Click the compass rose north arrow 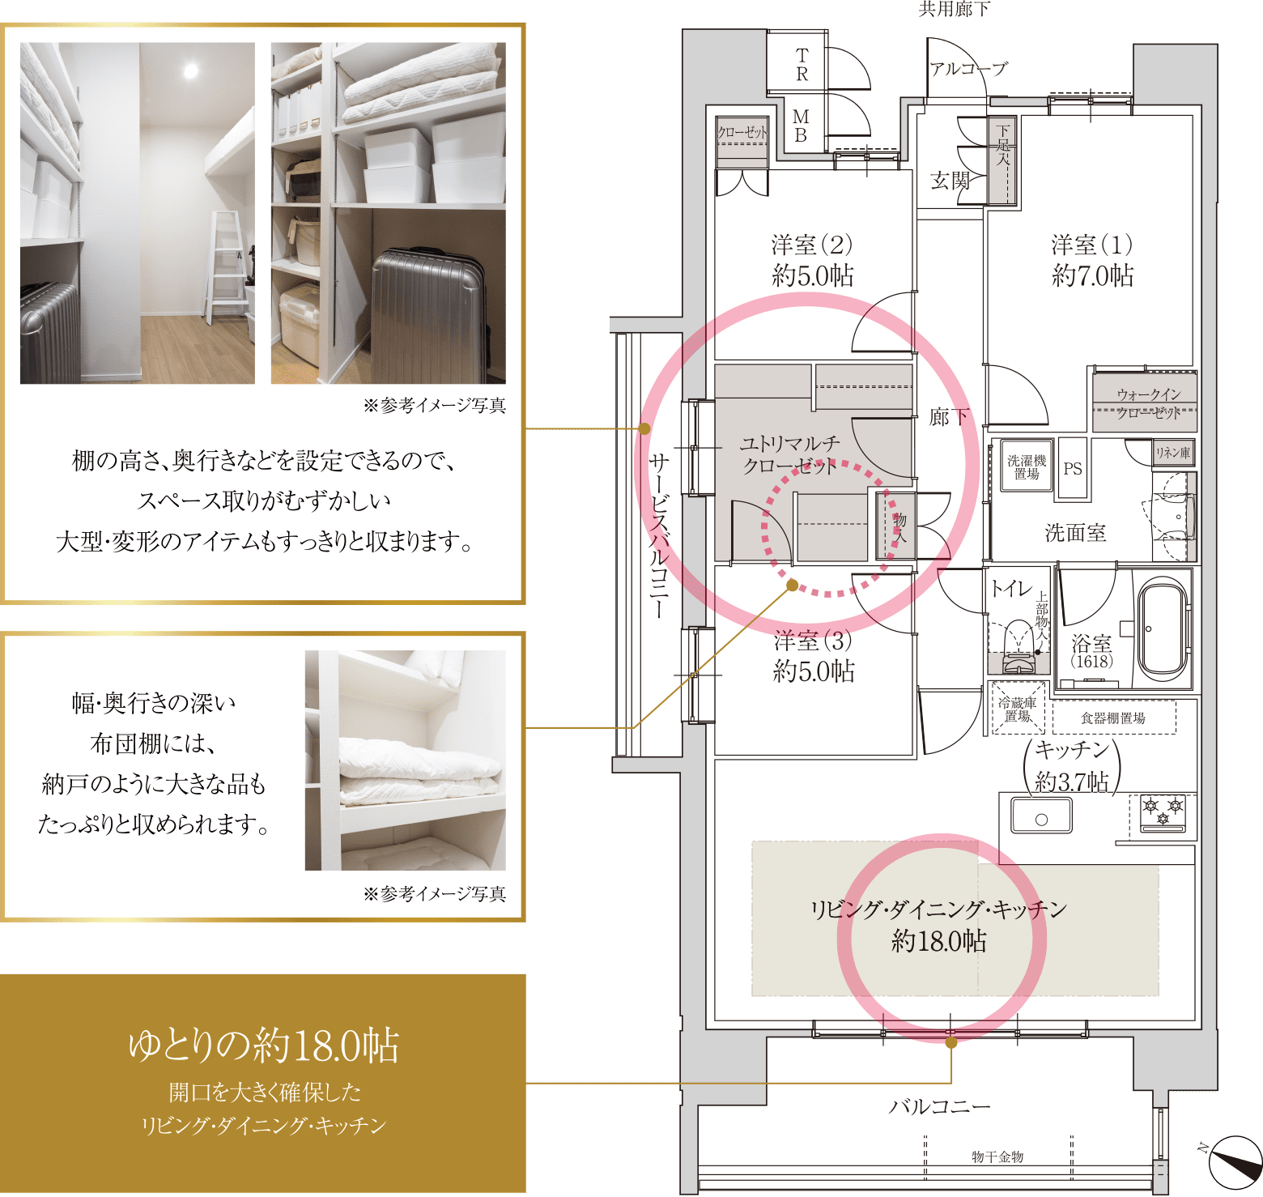(1235, 1163)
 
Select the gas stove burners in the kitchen (1163, 813)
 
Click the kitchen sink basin (1041, 816)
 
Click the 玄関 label (950, 180)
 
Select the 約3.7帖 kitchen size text (1072, 782)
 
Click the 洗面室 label (1075, 532)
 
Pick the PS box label (1073, 468)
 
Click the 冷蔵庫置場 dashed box (1018, 709)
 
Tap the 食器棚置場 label (1113, 718)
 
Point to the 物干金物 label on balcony (997, 1157)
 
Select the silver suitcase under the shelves (430, 316)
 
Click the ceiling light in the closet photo (190, 70)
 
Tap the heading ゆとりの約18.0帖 (264, 1046)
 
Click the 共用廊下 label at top (955, 9)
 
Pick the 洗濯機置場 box (1027, 466)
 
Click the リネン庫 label (1173, 453)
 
